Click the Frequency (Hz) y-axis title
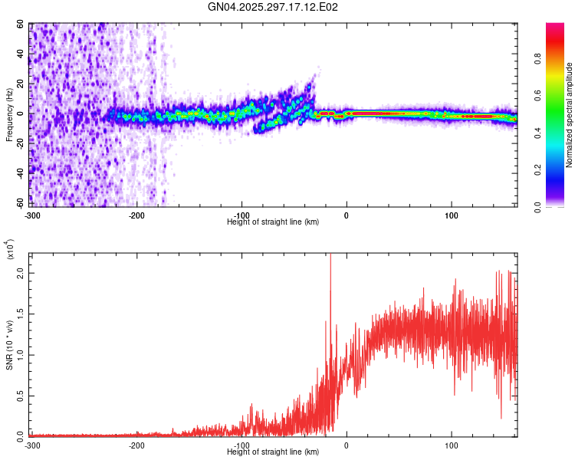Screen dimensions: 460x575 click(9, 114)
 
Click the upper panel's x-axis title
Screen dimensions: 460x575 click(273, 222)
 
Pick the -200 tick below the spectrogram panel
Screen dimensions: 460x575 click(136, 214)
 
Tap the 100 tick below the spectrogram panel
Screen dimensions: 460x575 click(452, 214)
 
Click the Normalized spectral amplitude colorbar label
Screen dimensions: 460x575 click(570, 114)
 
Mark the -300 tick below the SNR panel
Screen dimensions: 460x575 click(32, 444)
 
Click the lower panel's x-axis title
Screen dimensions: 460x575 click(273, 452)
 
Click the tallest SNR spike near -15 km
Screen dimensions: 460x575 click(330, 258)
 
